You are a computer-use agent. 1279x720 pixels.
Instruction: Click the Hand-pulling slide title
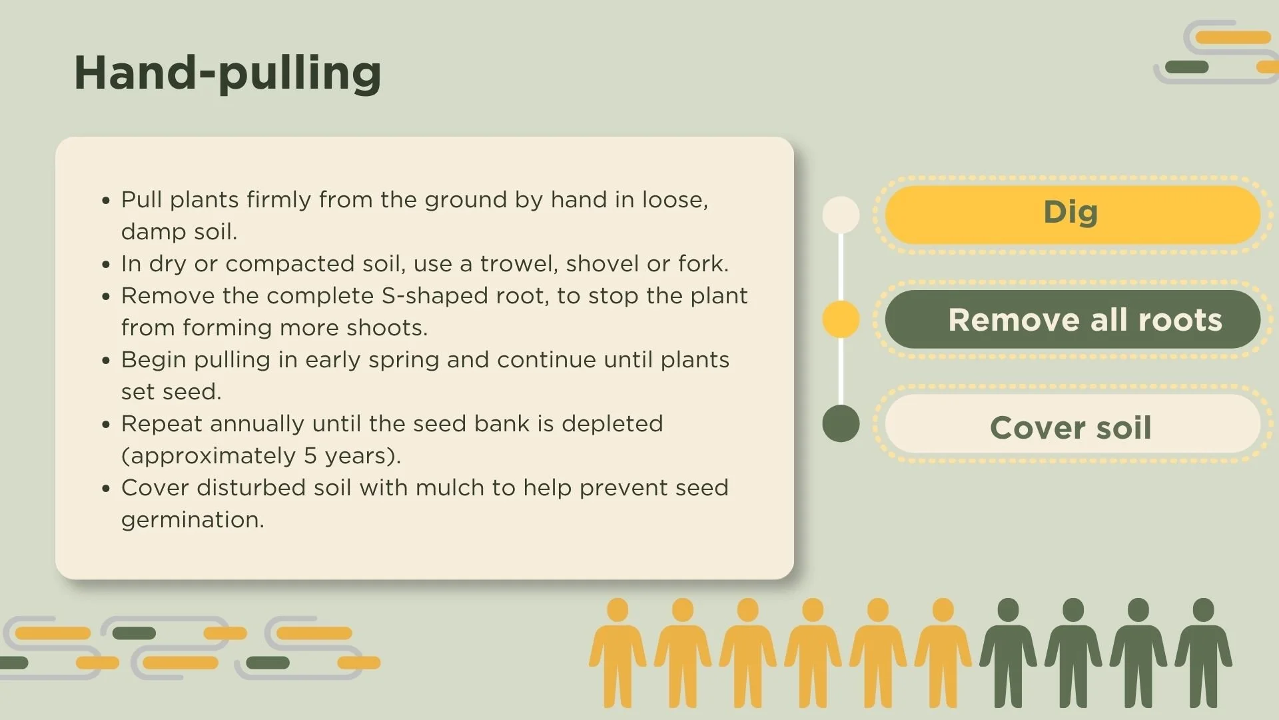[227, 73]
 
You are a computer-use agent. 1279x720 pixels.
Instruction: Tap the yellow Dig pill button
[1072, 214]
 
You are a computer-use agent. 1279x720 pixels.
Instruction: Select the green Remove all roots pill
[1072, 319]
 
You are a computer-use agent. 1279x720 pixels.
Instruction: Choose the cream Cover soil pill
[1072, 427]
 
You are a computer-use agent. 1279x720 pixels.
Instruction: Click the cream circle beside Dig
[841, 215]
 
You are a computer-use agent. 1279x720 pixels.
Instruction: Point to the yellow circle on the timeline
[841, 319]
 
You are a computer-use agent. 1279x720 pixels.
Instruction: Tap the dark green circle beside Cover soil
[841, 423]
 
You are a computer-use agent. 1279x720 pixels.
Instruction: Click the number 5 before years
[310, 456]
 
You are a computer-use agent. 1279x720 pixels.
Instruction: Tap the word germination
[193, 520]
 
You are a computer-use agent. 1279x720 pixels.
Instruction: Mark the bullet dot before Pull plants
[106, 200]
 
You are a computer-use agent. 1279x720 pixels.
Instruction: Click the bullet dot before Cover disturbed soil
[106, 488]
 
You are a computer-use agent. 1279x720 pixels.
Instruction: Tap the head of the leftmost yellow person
[618, 609]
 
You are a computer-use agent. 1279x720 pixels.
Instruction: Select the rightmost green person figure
[1203, 653]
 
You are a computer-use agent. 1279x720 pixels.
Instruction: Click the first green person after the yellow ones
[1008, 653]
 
